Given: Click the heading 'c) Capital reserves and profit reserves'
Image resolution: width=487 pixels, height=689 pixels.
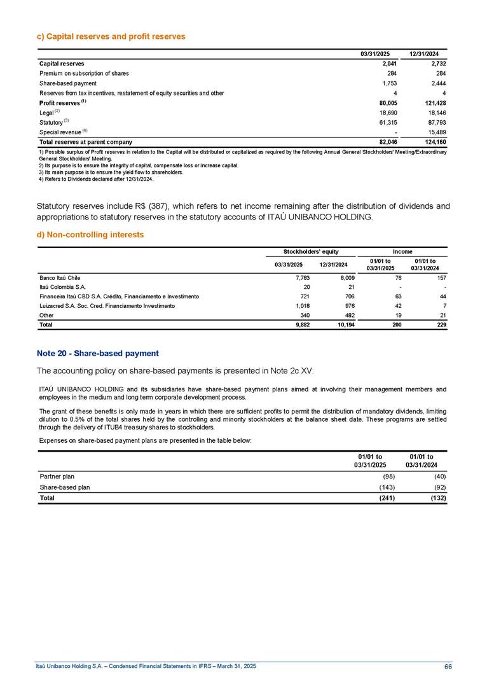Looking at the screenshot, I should tap(112, 37).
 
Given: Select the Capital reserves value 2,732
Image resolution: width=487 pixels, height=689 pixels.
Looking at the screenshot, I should tap(437, 64).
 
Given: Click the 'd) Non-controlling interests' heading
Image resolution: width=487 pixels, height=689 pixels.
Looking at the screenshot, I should tap(92, 235).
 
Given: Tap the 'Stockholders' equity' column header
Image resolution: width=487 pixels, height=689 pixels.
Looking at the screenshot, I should tap(310, 252).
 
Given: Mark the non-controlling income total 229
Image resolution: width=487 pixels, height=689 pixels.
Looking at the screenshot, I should tap(442, 324).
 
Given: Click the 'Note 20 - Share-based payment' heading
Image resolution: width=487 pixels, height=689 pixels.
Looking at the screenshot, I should tap(97, 353).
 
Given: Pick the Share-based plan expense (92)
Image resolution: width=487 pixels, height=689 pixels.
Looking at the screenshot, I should tap(439, 487).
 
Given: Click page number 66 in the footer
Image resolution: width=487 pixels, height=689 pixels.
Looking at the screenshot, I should tap(448, 666).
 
